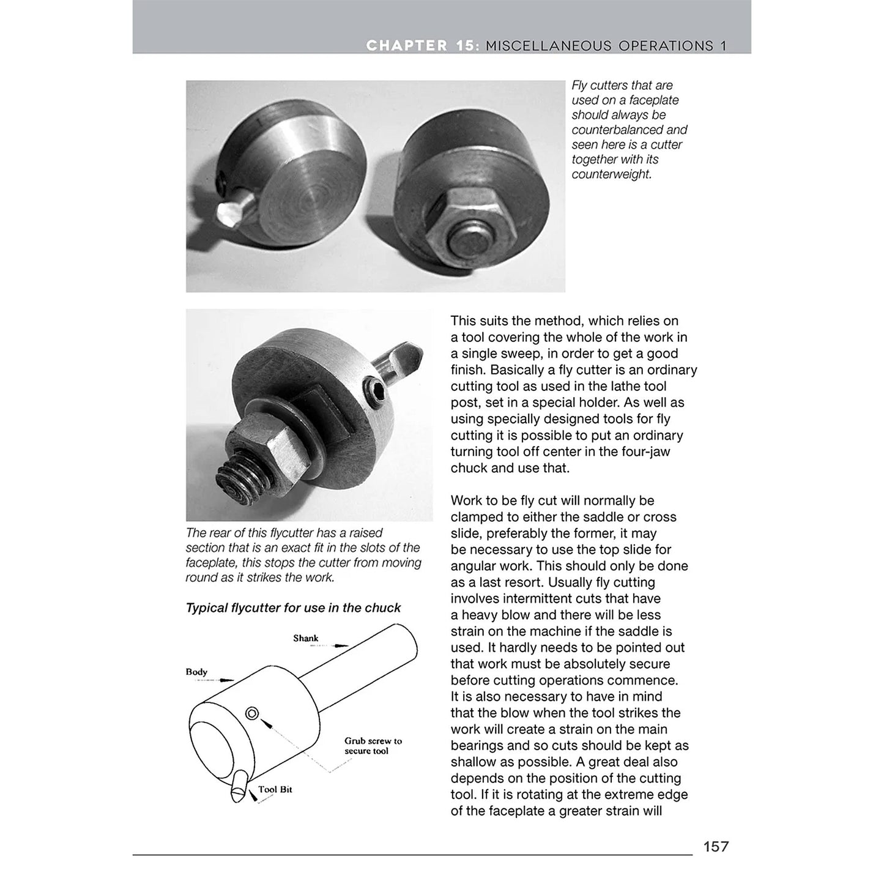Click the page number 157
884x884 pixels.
coord(716,847)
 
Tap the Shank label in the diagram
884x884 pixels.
coord(305,638)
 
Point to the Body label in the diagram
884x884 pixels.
coord(196,672)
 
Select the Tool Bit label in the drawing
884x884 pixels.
coord(275,789)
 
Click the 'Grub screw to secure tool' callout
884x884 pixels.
coord(373,746)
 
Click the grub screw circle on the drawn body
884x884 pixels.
coord(252,713)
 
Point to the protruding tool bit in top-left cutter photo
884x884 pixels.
coord(229,213)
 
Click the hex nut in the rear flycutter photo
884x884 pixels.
coord(260,447)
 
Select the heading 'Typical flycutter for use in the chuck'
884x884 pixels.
coord(293,607)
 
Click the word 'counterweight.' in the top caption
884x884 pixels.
coord(611,174)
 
